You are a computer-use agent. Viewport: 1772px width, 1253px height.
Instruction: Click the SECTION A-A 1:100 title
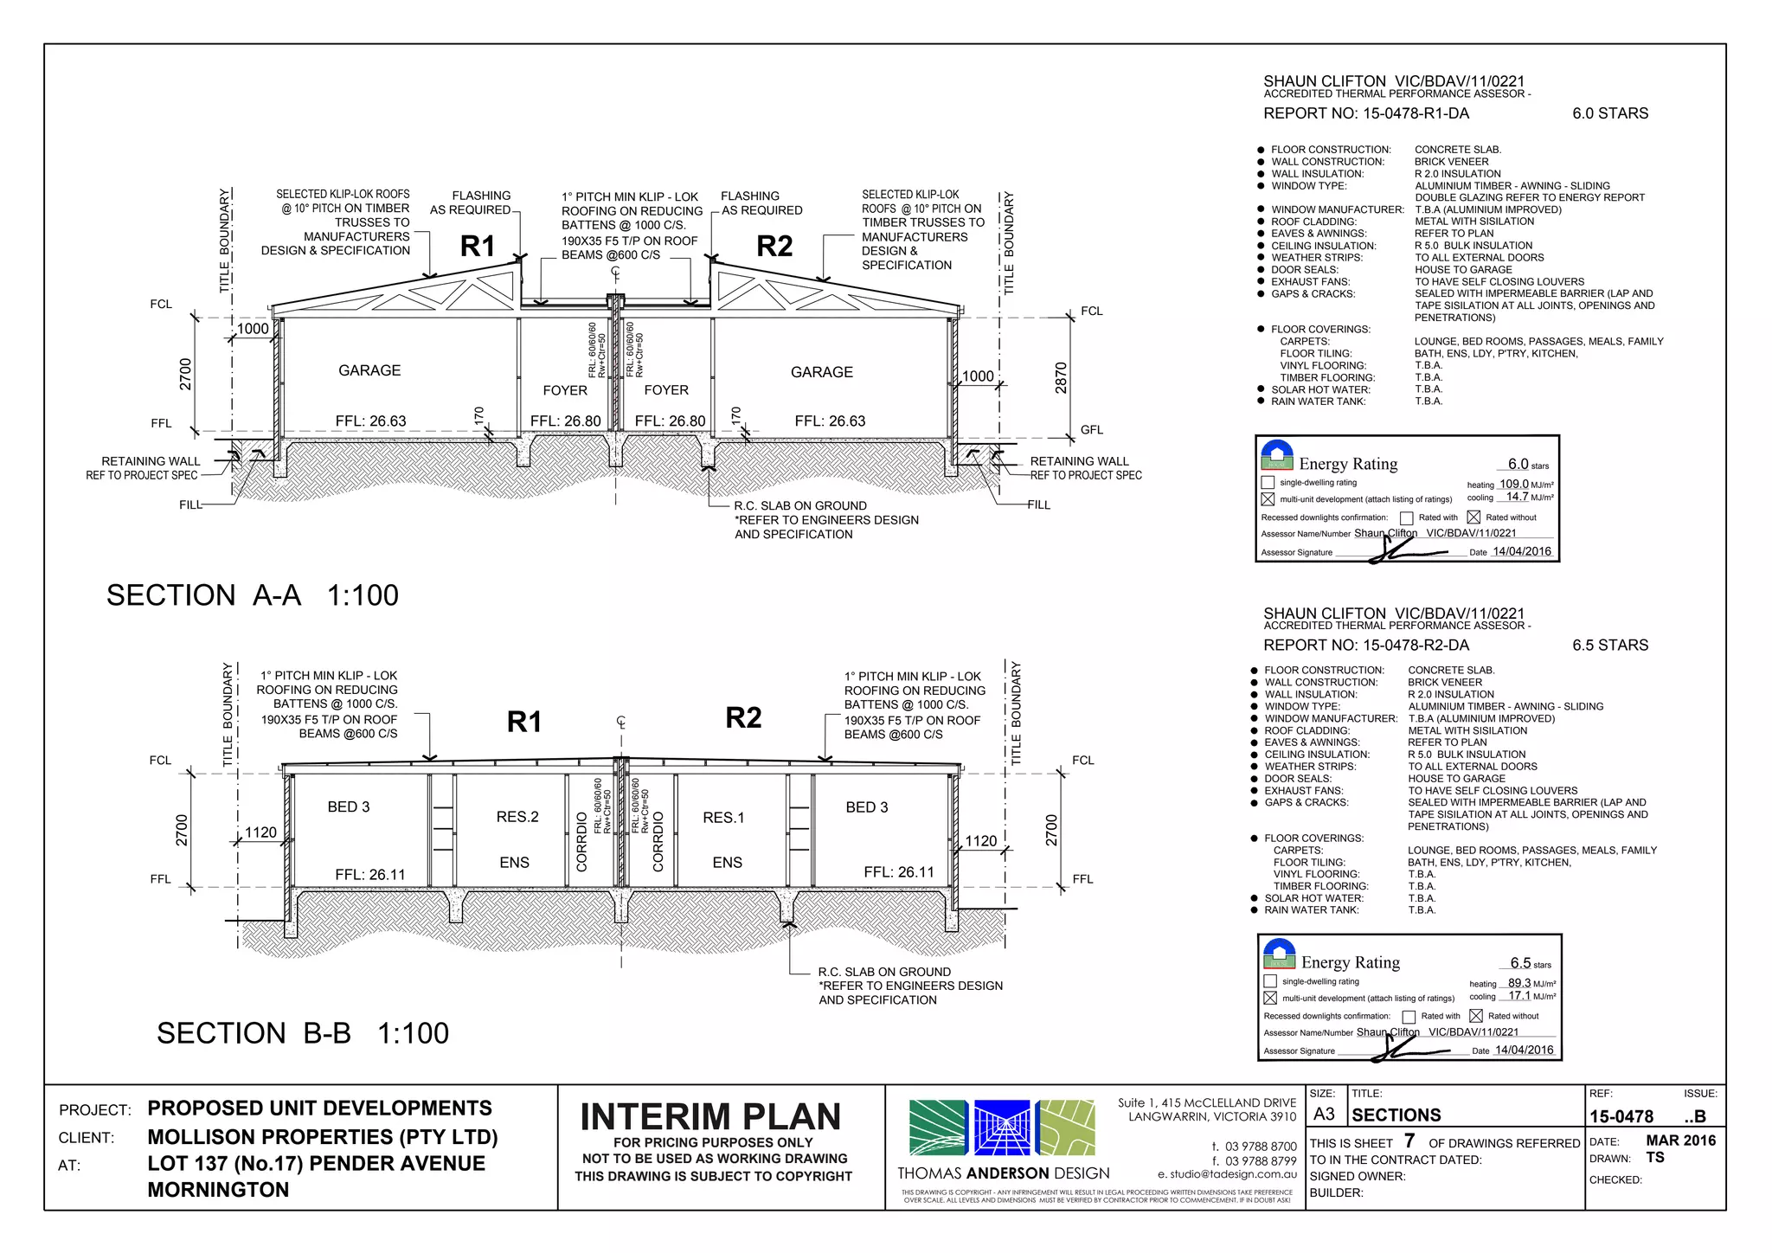pos(252,595)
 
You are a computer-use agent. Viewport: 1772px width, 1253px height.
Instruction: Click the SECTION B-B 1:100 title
pos(302,1033)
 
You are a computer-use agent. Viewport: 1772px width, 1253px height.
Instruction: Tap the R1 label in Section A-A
pos(478,247)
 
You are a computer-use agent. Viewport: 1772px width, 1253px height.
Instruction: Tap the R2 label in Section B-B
pos(743,718)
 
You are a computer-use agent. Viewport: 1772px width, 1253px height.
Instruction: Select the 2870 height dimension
pos(1061,378)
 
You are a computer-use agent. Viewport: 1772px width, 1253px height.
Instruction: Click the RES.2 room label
pos(517,817)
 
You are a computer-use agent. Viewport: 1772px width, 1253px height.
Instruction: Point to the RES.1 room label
pos(723,818)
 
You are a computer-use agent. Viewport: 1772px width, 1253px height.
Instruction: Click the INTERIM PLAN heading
pos(710,1117)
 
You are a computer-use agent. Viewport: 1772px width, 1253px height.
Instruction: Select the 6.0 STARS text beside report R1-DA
pos(1610,113)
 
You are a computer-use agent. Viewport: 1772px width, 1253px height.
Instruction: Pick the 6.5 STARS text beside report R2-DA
pos(1610,646)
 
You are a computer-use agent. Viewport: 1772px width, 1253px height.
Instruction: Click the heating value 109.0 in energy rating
pos(1513,485)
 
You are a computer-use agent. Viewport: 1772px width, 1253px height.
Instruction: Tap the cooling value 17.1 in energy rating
pos(1519,996)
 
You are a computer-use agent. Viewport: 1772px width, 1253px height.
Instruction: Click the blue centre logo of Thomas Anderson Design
pos(1002,1128)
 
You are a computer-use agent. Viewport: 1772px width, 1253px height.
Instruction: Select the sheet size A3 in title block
pos(1324,1115)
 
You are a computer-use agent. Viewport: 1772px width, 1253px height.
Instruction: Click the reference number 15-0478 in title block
pos(1621,1117)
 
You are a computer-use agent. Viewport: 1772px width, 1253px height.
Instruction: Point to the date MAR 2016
pos(1680,1141)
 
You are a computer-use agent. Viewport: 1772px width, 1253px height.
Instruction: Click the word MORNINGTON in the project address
pos(218,1190)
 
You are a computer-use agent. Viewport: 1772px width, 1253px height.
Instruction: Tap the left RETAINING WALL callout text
pos(151,461)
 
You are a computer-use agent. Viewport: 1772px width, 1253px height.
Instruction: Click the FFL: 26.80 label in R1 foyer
pos(565,421)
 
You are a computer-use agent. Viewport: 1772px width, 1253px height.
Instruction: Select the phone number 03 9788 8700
pos(1261,1146)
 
